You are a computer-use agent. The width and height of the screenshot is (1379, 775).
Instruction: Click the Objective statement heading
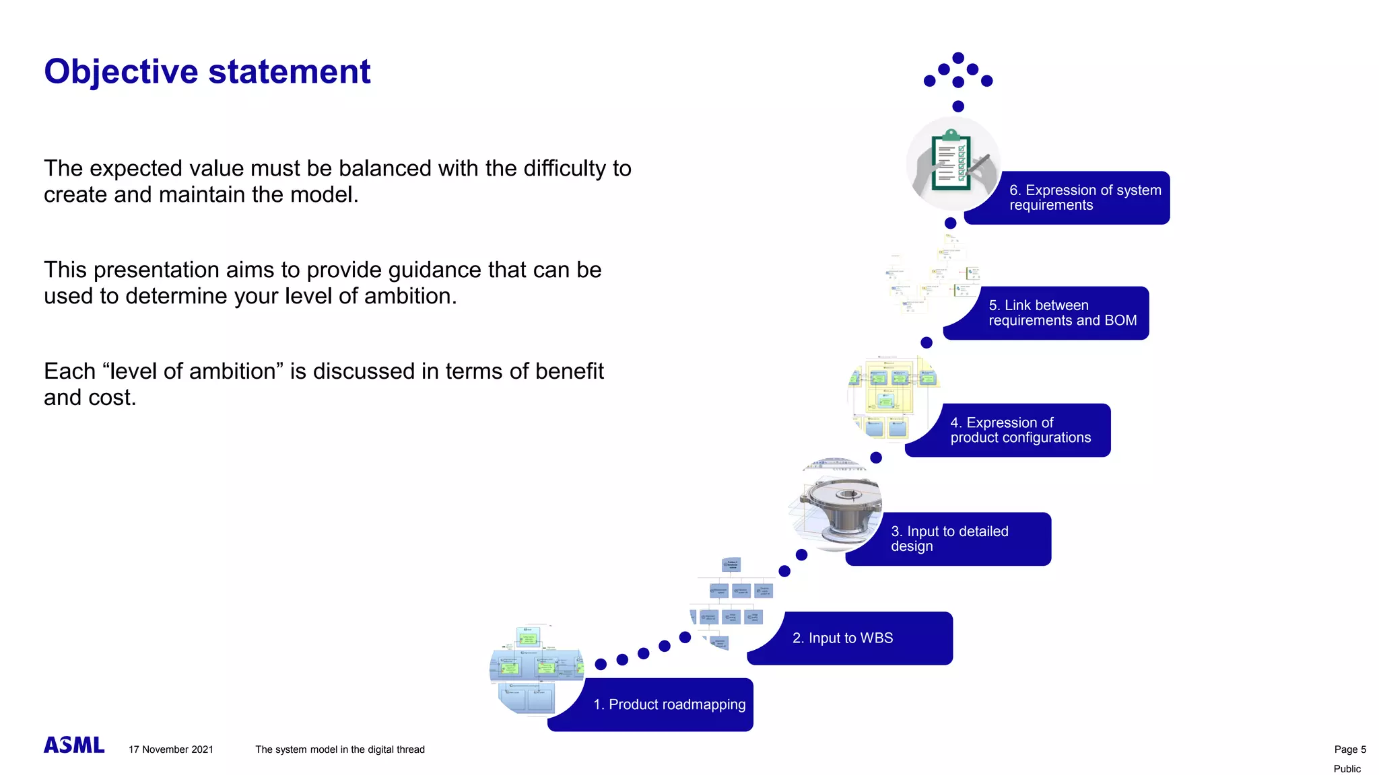pyautogui.click(x=207, y=72)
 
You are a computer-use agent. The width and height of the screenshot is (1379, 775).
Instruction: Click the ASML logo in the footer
pyautogui.click(x=74, y=745)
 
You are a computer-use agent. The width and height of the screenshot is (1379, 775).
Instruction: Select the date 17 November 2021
pyautogui.click(x=171, y=749)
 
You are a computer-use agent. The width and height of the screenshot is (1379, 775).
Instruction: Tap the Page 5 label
pyautogui.click(x=1349, y=749)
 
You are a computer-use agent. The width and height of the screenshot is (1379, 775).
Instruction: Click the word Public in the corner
pyautogui.click(x=1347, y=769)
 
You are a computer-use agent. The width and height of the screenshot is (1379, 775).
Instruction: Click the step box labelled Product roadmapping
pyautogui.click(x=669, y=704)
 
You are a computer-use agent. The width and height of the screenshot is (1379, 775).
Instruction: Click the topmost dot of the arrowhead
pyautogui.click(x=958, y=58)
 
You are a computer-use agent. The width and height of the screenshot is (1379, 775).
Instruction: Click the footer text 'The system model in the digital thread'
pyautogui.click(x=339, y=749)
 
